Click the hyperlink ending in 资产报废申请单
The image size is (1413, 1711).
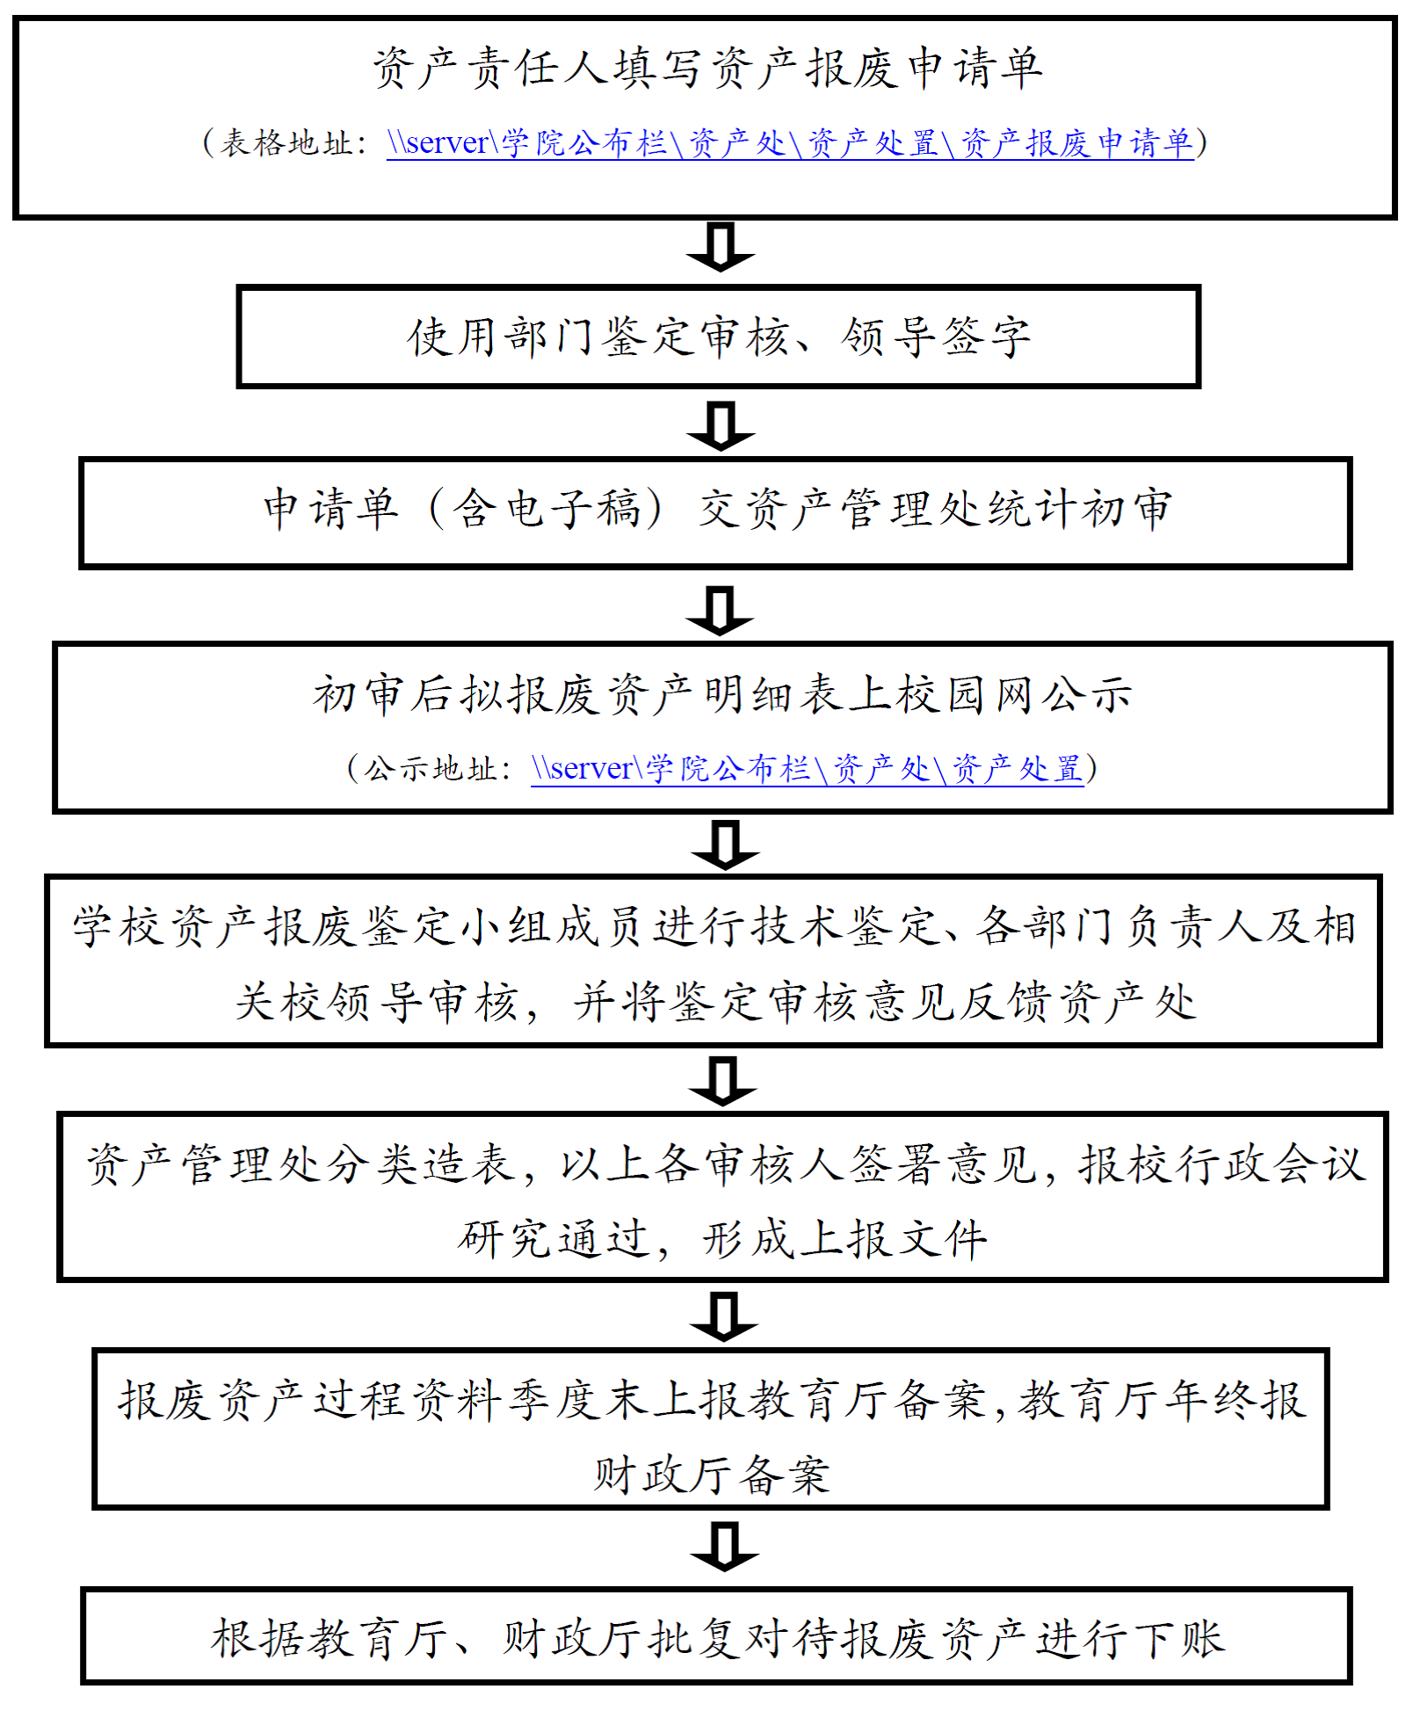click(x=789, y=142)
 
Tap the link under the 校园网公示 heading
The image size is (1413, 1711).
click(x=807, y=769)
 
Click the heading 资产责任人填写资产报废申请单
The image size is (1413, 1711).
click(x=707, y=68)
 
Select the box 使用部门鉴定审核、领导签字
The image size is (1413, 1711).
click(x=718, y=337)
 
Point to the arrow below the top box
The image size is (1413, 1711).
click(x=720, y=247)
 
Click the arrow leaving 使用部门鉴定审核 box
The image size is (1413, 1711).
click(x=721, y=425)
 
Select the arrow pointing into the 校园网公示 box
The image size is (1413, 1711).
click(x=720, y=610)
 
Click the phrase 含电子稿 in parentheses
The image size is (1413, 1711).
click(x=546, y=509)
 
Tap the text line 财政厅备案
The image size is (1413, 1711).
click(x=711, y=1475)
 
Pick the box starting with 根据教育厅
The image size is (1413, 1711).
click(x=716, y=1635)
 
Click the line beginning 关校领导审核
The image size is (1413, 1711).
click(x=716, y=1002)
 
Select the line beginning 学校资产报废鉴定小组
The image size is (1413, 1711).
click(x=714, y=926)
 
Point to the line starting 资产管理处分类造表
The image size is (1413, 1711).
click(x=725, y=1164)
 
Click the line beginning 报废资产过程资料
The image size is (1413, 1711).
click(x=712, y=1400)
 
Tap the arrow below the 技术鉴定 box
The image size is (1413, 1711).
click(x=723, y=1080)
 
